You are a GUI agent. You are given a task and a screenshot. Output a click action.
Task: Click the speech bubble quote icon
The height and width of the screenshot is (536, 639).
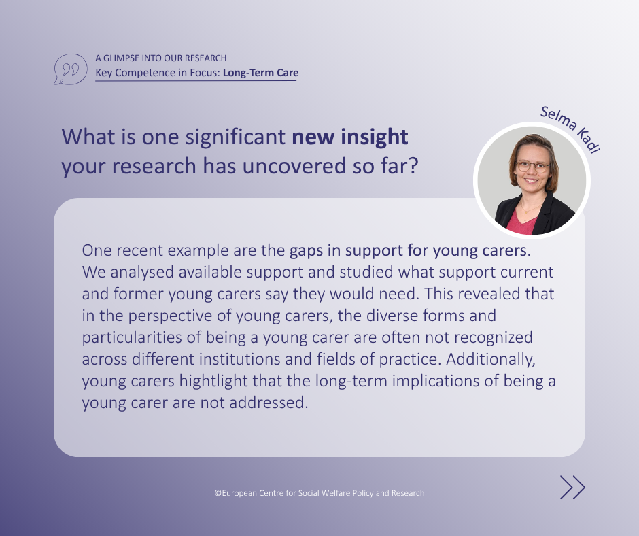[70, 69]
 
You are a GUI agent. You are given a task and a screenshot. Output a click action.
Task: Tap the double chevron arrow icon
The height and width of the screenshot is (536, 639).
[572, 488]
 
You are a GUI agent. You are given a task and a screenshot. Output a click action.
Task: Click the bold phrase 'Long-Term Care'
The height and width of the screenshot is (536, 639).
[261, 73]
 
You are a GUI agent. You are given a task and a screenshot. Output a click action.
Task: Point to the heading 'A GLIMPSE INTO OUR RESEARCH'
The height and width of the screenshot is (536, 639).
[161, 58]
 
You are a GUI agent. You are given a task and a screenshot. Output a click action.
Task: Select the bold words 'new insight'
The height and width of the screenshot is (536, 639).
[350, 136]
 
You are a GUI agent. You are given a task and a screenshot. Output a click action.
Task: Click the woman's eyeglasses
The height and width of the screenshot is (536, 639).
[533, 167]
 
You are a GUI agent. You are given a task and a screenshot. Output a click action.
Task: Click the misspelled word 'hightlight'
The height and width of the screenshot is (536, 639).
[213, 381]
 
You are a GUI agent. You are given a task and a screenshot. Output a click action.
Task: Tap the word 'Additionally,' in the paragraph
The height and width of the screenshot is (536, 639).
[491, 359]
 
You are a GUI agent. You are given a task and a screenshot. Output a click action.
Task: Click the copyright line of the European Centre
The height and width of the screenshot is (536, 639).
[319, 492]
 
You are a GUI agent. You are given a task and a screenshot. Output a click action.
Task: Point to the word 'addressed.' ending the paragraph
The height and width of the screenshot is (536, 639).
[269, 403]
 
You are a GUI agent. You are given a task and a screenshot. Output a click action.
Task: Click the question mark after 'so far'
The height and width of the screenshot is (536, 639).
[413, 165]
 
